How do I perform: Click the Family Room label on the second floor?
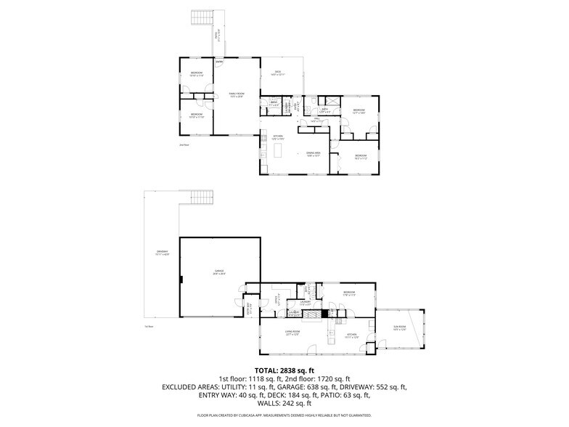pos(236,94)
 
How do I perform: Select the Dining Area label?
pos(313,154)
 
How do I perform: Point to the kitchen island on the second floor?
pos(280,151)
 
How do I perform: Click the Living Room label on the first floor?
pos(292,333)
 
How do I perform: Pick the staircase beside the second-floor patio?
pos(200,17)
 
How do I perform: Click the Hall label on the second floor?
pos(318,121)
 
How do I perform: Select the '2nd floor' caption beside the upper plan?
pos(184,145)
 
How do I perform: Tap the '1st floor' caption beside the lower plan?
pos(149,327)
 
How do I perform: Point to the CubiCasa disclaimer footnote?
pos(284,416)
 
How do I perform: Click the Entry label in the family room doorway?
pos(218,62)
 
